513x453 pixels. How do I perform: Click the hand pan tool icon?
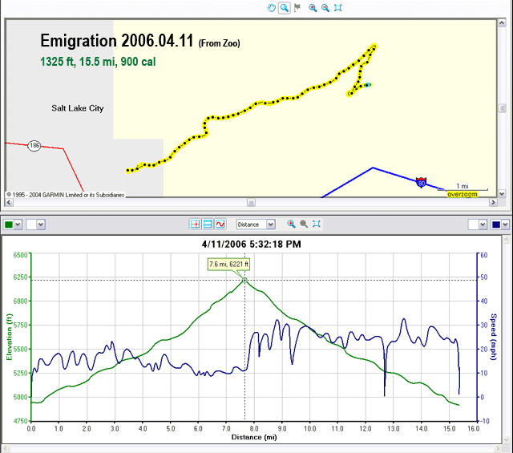(x=272, y=7)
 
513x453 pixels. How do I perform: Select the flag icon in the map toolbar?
(x=297, y=7)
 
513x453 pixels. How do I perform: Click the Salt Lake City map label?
(x=77, y=108)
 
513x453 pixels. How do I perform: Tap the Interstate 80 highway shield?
(x=422, y=183)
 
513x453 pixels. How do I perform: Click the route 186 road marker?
(x=34, y=145)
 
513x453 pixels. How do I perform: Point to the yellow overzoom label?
(x=463, y=194)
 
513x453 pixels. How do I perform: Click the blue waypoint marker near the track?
(x=367, y=85)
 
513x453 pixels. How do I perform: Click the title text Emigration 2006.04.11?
(x=117, y=42)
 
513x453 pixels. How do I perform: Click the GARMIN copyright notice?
(x=64, y=194)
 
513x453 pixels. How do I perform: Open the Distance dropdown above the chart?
(x=259, y=224)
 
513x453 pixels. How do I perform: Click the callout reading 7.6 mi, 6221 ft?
(x=229, y=264)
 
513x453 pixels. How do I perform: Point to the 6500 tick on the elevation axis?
(x=18, y=255)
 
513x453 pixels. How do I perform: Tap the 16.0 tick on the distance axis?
(x=473, y=430)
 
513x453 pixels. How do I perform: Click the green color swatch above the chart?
(x=9, y=224)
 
